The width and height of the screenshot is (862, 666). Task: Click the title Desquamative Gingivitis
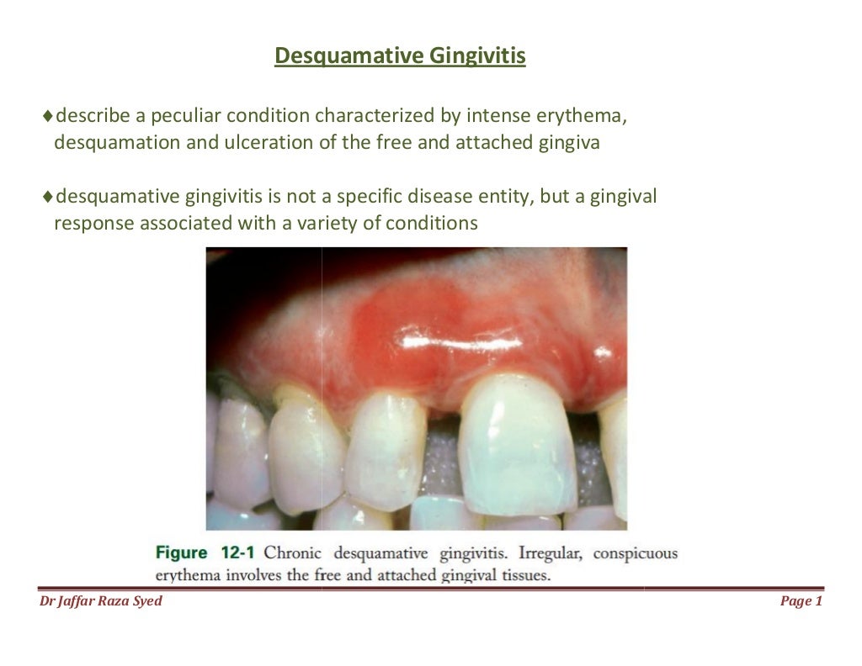(x=401, y=56)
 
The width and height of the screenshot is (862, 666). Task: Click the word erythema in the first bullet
(x=588, y=115)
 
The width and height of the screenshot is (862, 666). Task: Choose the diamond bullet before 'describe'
(x=47, y=115)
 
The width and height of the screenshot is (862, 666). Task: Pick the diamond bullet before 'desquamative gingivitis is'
(x=47, y=198)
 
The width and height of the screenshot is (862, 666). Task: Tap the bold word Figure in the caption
(x=181, y=552)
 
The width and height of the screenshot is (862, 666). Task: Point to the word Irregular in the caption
(x=551, y=552)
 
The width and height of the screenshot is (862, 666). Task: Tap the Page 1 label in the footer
(x=801, y=600)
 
